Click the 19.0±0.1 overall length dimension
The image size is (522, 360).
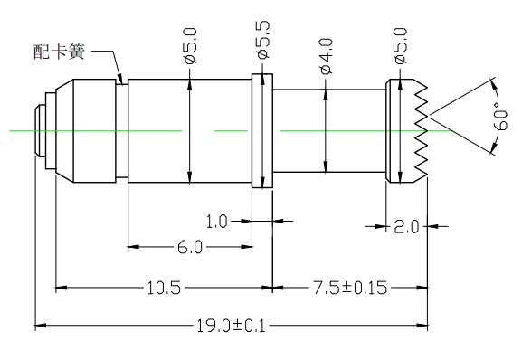coord(232,326)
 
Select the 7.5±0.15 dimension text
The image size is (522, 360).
coord(350,288)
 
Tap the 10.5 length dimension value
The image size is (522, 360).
coord(164,288)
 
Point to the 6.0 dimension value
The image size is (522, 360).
coord(190,247)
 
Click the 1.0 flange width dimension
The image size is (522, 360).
coord(216,222)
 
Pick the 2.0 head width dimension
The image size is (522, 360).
coord(406,227)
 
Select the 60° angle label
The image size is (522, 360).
coord(499,116)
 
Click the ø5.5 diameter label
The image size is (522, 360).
coord(263,40)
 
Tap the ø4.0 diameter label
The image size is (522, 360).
coord(327,56)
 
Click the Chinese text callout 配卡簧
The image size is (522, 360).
coord(60,52)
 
